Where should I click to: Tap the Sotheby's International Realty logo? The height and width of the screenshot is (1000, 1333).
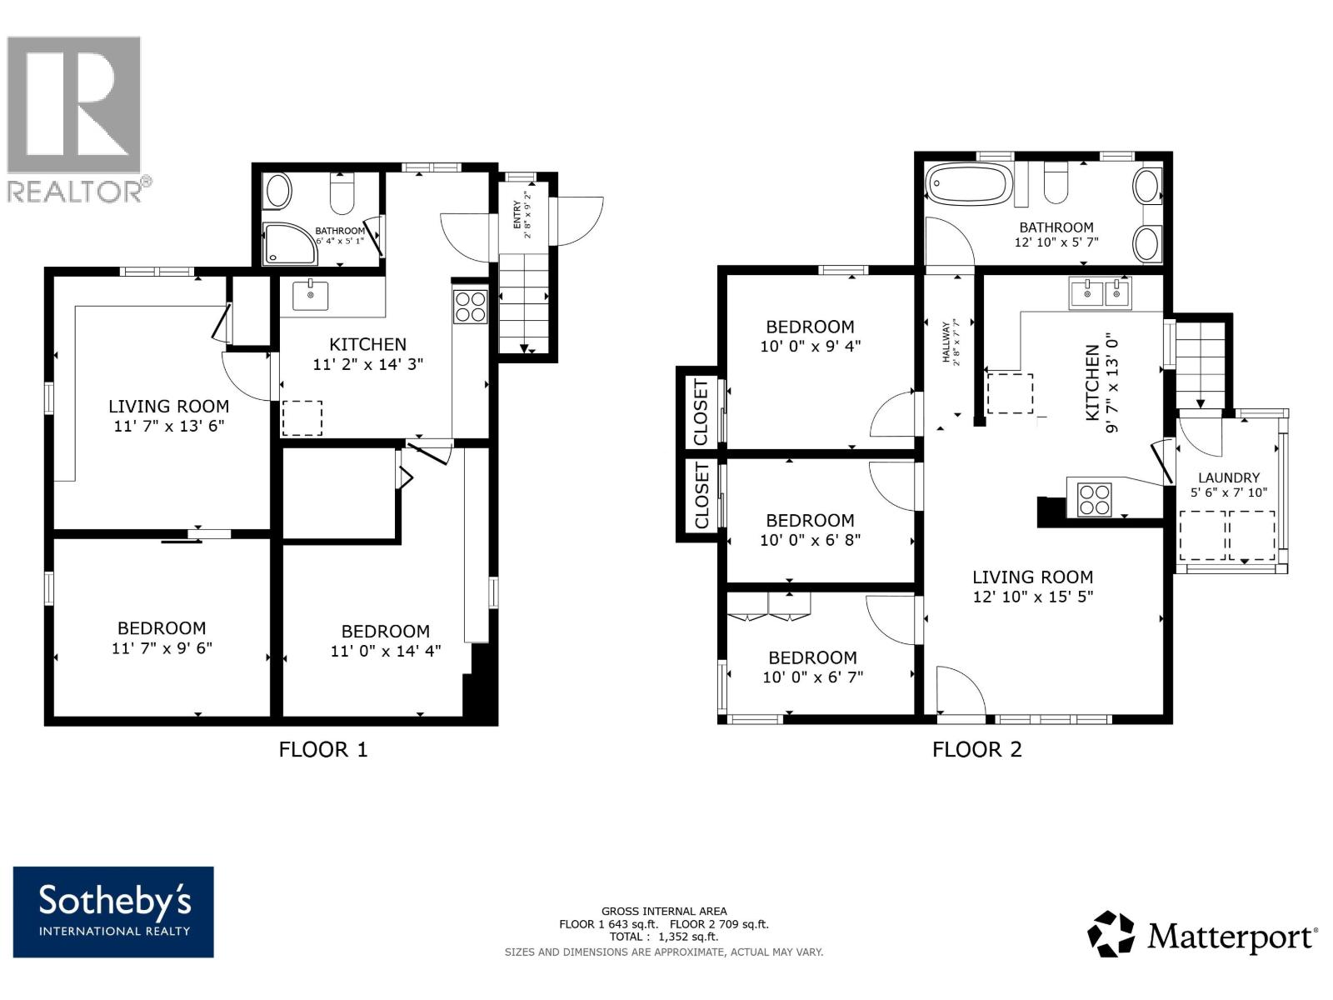point(113,912)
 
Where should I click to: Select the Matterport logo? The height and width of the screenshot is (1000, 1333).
point(1202,935)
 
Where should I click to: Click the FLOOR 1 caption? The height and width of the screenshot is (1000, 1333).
point(323,749)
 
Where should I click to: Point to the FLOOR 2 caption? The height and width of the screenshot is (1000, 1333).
point(977,749)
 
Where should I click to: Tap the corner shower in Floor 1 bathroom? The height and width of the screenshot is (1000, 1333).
point(290,243)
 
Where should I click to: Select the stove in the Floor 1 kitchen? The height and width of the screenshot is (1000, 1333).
point(471,307)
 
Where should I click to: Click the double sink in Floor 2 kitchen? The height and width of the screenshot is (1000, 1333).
point(1100,293)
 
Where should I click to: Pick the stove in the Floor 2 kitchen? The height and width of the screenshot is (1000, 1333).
point(1095,500)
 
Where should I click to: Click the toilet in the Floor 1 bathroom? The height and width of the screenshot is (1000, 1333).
point(342,192)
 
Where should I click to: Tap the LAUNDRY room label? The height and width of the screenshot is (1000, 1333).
point(1229,477)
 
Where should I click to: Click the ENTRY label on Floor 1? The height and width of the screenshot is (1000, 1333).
point(517,214)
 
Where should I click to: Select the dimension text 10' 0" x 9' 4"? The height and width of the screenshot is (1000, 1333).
point(810,346)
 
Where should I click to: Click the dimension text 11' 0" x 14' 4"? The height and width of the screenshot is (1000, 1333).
point(386,651)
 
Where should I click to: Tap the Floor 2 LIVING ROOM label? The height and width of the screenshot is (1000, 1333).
point(1032,577)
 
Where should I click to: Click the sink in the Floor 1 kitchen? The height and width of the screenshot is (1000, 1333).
point(310,295)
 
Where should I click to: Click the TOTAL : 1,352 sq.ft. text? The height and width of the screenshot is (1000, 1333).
point(664,936)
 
